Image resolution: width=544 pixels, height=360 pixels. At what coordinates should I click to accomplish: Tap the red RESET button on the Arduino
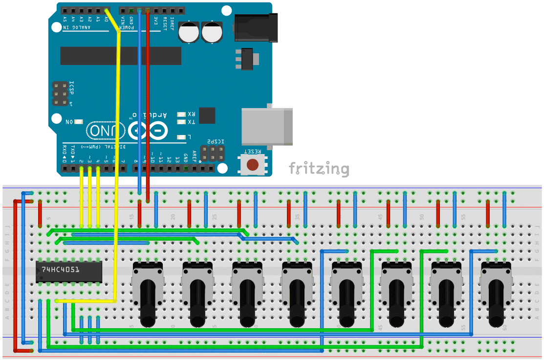tap(253, 165)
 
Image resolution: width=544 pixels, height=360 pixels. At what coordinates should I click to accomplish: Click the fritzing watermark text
tap(319, 169)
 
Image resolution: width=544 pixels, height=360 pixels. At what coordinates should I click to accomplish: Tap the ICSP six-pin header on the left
tap(61, 93)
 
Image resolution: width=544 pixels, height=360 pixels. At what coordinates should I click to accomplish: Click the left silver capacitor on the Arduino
tap(189, 32)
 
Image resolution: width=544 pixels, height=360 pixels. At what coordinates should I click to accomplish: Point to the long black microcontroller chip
tap(120, 56)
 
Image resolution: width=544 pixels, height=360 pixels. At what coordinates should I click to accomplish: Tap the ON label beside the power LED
tap(70, 122)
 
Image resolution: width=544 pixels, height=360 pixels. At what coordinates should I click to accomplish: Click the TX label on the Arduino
tap(191, 122)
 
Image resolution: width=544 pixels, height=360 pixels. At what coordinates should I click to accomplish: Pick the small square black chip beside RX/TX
tap(207, 116)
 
